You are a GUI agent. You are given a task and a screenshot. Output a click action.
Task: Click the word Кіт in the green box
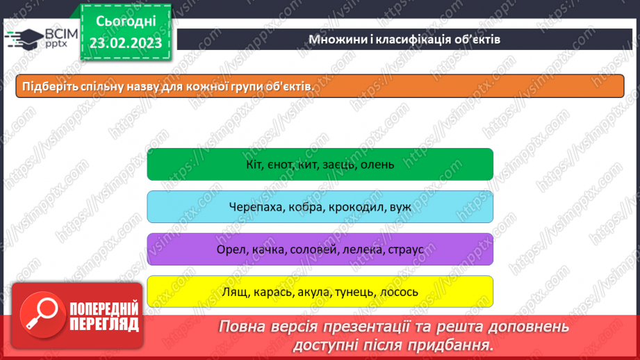coord(254,165)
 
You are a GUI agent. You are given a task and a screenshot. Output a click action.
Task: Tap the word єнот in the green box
coord(281,165)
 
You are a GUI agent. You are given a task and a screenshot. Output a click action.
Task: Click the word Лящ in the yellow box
coord(233,292)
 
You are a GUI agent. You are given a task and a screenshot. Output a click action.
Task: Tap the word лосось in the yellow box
coord(399,292)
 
